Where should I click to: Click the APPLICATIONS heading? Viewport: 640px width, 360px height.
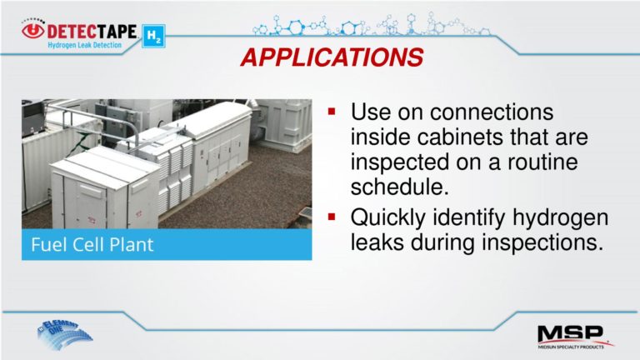(x=332, y=57)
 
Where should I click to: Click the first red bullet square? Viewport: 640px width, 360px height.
(x=332, y=111)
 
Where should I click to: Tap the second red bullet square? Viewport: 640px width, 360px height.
(x=332, y=218)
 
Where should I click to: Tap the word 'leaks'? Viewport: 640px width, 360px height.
(x=376, y=243)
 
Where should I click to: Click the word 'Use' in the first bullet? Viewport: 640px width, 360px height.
(x=369, y=112)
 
